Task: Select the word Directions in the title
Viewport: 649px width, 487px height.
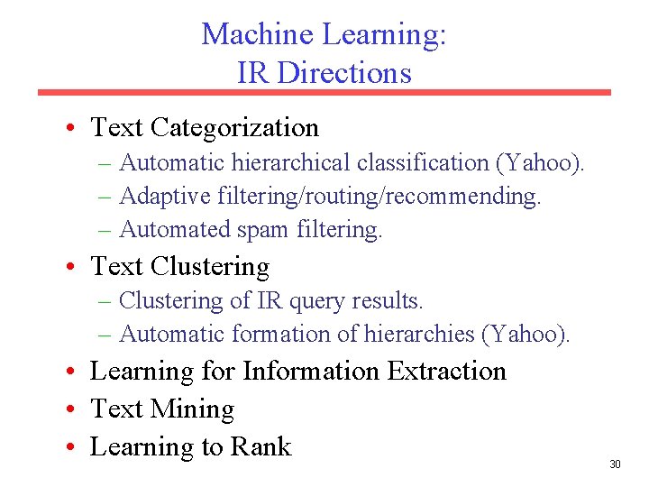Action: [x=344, y=72]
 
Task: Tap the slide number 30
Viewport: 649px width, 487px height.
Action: [x=616, y=464]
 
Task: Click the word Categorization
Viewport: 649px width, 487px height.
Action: [x=235, y=128]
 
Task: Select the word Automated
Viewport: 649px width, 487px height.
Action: [x=175, y=230]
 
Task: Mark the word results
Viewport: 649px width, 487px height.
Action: [x=389, y=300]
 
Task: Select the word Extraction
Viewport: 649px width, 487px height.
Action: [x=446, y=372]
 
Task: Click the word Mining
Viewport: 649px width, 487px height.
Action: [x=192, y=409]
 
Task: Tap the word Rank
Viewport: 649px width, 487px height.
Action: [x=261, y=447]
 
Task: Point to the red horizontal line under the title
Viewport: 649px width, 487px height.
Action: [x=324, y=92]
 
